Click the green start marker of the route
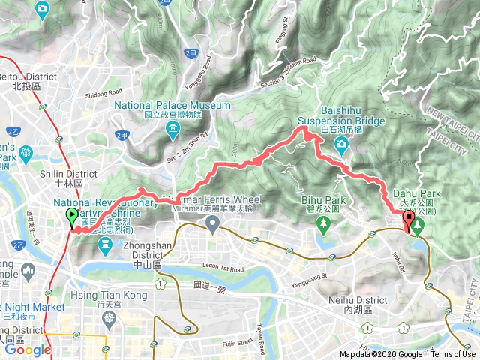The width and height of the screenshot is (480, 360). (x=72, y=217)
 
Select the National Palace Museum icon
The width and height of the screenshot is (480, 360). (x=173, y=133)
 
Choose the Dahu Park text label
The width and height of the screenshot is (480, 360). (x=419, y=193)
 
